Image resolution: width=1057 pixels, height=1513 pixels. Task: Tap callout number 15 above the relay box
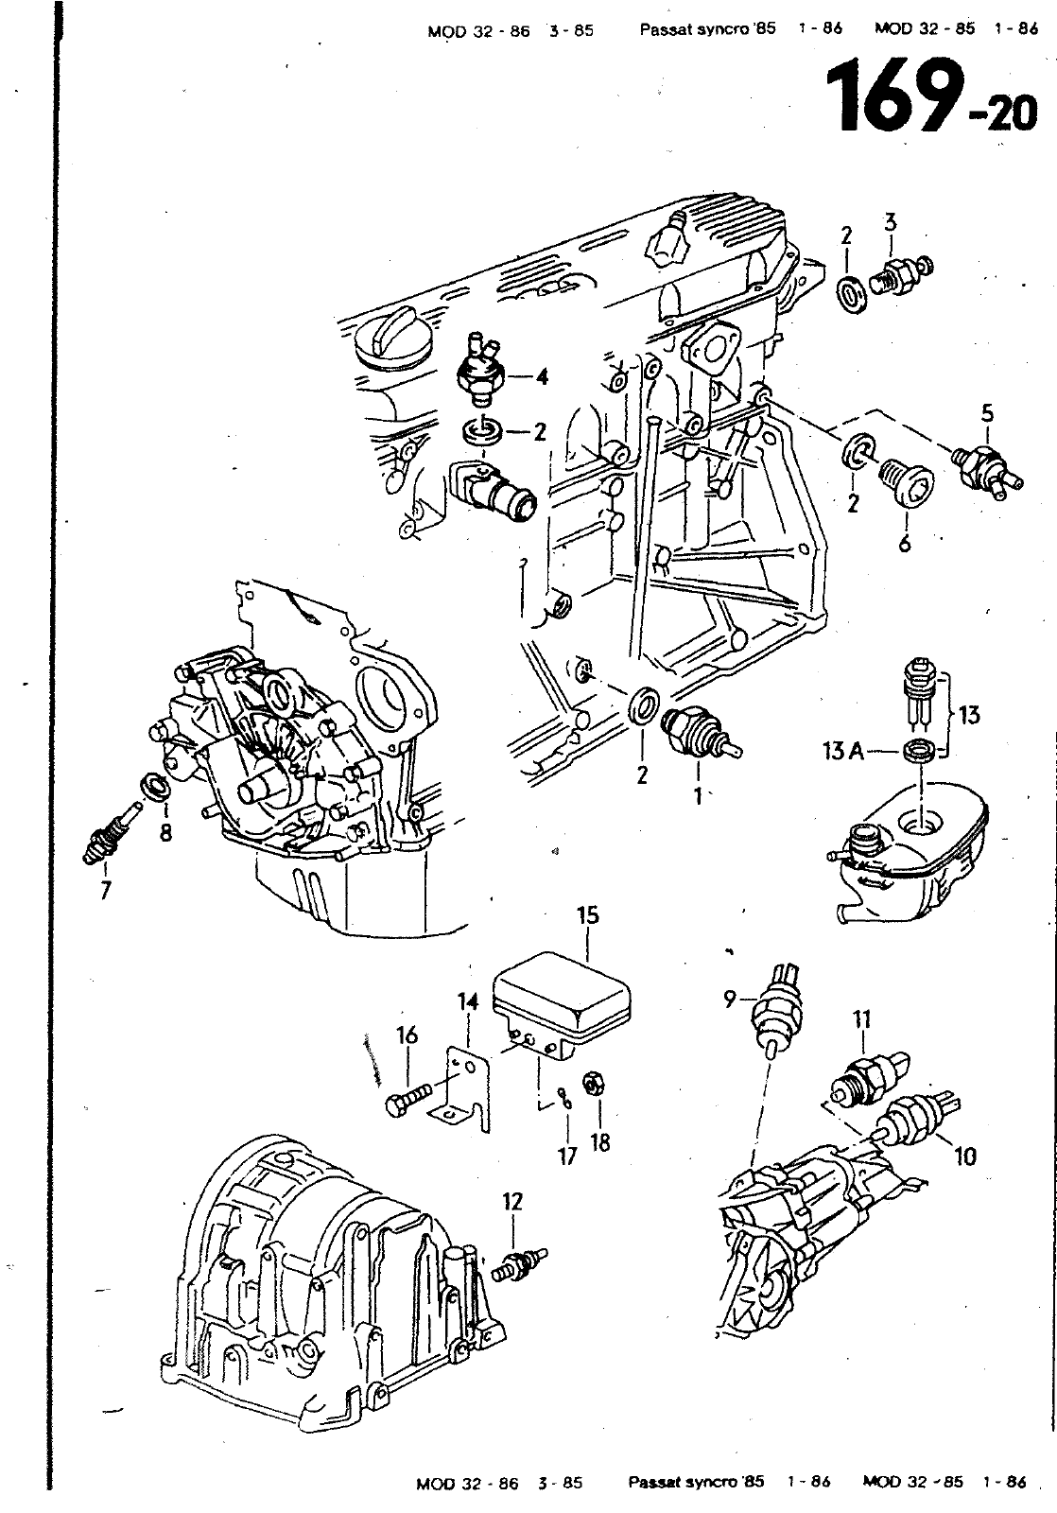pyautogui.click(x=588, y=915)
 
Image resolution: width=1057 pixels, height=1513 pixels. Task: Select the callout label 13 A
pyautogui.click(x=843, y=751)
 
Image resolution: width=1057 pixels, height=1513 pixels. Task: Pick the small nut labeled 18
pyautogui.click(x=593, y=1085)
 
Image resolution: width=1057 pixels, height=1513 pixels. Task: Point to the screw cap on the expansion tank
pyautogui.click(x=863, y=843)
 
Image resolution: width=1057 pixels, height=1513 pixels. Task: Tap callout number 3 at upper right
pyautogui.click(x=891, y=221)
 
